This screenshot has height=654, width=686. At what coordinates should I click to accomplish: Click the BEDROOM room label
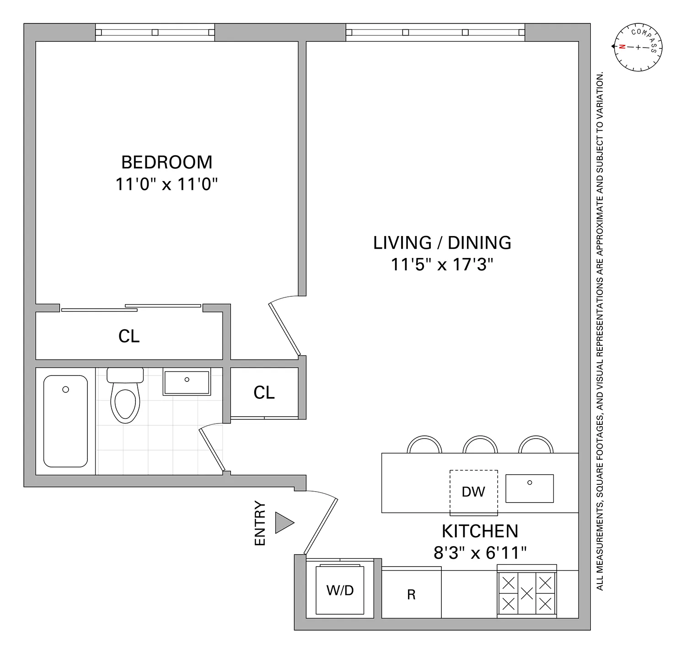coord(166,162)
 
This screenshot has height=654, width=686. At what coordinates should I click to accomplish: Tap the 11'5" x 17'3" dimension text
coord(442,264)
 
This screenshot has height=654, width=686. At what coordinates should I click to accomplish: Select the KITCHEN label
coord(480,531)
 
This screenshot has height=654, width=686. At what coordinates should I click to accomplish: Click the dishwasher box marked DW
coord(473,492)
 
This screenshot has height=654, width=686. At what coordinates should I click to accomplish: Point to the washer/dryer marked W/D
coord(340,590)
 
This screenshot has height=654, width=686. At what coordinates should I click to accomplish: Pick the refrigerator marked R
coord(411,594)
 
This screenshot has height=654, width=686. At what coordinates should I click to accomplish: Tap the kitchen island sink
coord(529,488)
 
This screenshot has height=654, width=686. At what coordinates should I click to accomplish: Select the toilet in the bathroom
coord(125,397)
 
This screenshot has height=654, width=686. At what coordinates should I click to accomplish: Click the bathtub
coord(65,421)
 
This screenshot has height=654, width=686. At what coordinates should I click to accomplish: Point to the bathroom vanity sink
coord(187,382)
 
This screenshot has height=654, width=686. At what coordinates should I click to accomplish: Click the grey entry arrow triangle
coord(284,523)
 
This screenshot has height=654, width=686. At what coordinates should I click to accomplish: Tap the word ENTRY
coord(260,523)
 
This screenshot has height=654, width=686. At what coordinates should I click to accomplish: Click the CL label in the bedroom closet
coord(129,336)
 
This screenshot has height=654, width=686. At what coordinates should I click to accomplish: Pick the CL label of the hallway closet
coord(264,392)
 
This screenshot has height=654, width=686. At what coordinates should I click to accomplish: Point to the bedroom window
coord(155,32)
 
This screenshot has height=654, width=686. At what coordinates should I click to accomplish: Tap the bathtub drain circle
coord(65,389)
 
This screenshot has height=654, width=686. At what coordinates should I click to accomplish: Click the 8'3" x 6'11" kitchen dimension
coord(480,553)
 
